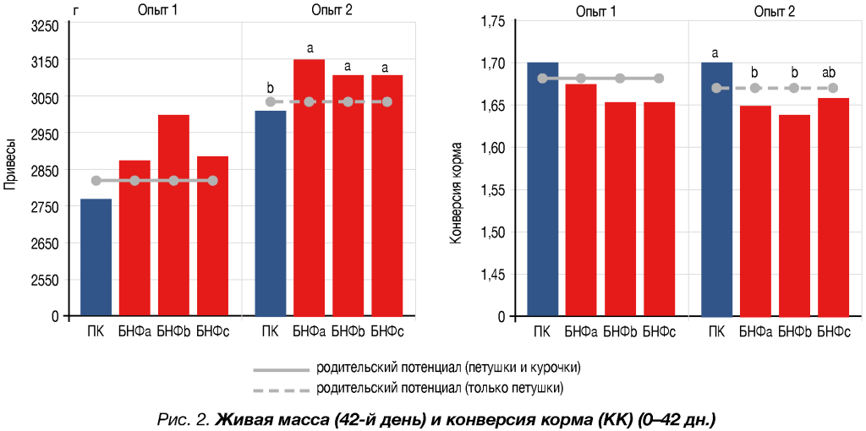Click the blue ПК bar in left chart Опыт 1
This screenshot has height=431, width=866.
pyautogui.click(x=96, y=257)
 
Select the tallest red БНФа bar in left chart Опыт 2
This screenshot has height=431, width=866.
pyautogui.click(x=309, y=187)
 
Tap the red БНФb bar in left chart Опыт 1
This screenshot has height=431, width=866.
pyautogui.click(x=173, y=215)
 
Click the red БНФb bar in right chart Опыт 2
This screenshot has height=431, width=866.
pyautogui.click(x=793, y=215)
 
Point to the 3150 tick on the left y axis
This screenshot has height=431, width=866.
pyautogui.click(x=44, y=62)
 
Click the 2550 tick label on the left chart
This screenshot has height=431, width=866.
pyautogui.click(x=44, y=280)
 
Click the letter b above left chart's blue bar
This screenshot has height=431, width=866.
pyautogui.click(x=270, y=88)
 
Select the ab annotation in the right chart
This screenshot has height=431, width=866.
pyautogui.click(x=832, y=72)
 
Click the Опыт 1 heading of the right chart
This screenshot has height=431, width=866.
pyautogui.click(x=595, y=10)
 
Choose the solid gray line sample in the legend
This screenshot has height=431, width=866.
pyautogui.click(x=282, y=369)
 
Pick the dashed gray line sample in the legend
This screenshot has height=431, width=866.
pyautogui.click(x=282, y=389)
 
